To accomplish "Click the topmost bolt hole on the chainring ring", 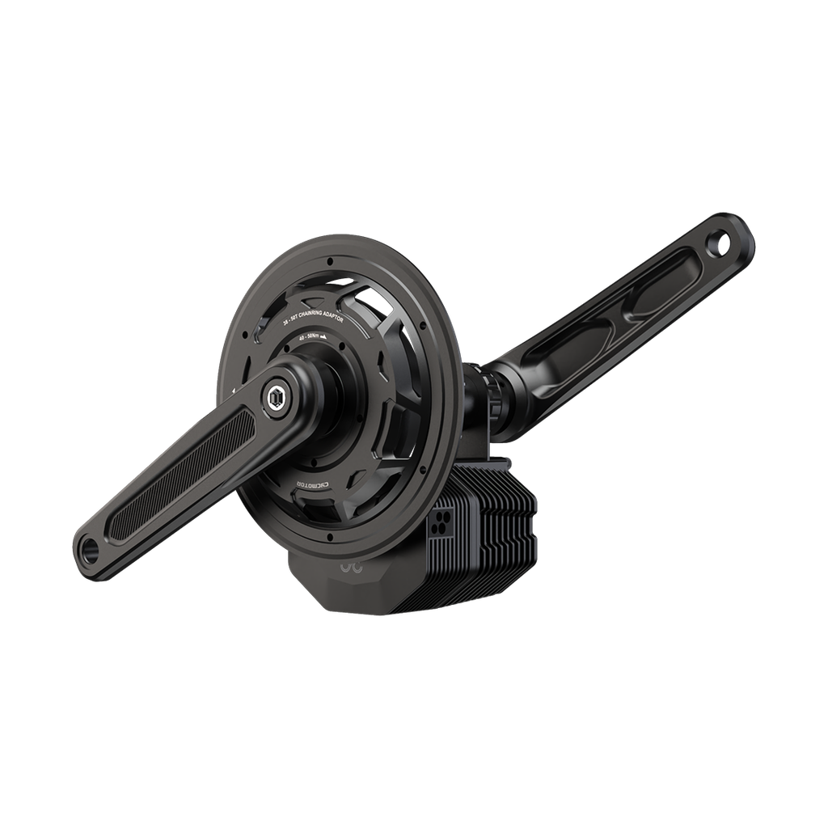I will click(x=332, y=261).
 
